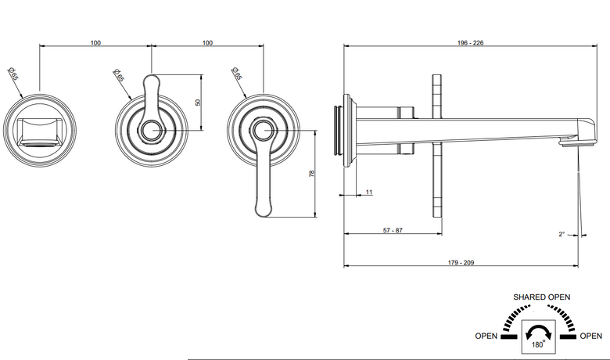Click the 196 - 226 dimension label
470,42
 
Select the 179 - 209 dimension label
461,263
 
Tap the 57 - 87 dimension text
393,230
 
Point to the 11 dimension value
369,192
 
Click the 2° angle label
562,234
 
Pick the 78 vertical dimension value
311,174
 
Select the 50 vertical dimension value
198,103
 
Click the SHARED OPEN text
541,297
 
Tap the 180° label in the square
538,344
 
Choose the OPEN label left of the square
486,336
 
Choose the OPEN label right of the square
591,336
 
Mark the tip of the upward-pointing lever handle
152,75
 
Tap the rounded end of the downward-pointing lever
264,214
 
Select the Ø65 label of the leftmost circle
13,74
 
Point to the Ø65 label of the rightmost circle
236,73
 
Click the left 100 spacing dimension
95,42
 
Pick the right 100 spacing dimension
207,42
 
